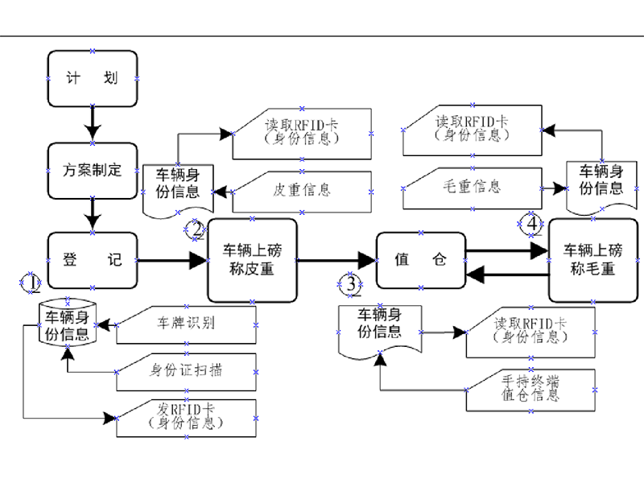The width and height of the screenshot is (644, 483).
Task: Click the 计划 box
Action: (92, 78)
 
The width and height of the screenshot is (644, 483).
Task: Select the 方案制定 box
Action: (92, 170)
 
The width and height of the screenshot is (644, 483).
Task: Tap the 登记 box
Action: (92, 260)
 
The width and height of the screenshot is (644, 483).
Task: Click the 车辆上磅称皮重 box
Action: (252, 259)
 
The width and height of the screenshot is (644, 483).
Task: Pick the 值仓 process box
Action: (421, 259)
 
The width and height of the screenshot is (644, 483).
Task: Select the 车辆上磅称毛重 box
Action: (592, 259)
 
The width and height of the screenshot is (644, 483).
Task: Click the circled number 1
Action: (30, 283)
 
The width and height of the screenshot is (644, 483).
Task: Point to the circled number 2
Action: (197, 229)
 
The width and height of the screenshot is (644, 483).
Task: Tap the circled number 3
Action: (350, 283)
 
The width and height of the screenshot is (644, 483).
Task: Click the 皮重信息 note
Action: (302, 191)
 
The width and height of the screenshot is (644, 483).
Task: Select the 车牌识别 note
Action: (187, 324)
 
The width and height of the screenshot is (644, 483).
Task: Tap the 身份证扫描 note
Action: (187, 371)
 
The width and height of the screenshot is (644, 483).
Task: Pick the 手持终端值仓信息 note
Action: (530, 389)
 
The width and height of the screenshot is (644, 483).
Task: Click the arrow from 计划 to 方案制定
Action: (92, 125)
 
